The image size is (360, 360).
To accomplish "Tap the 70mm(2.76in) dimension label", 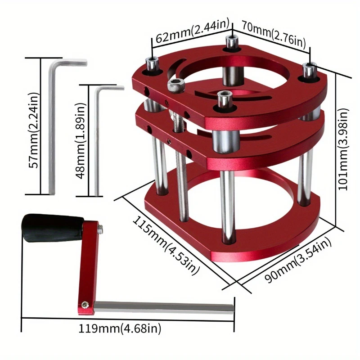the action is click(x=274, y=35).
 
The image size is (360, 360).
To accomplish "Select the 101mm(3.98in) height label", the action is click(x=343, y=149).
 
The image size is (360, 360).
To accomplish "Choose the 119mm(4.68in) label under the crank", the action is click(x=120, y=328).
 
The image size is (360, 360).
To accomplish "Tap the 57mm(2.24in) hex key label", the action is click(x=33, y=130).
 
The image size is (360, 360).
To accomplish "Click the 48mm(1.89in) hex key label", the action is click(x=81, y=140).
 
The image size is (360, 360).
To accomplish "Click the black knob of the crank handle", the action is click(x=52, y=228).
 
